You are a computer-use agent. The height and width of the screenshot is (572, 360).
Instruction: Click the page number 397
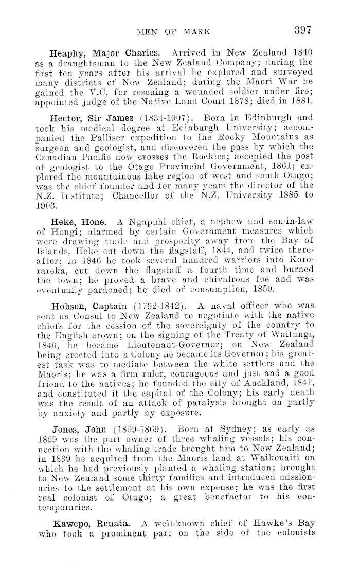click(300, 29)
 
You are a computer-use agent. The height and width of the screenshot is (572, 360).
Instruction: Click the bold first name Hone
click(97, 221)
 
